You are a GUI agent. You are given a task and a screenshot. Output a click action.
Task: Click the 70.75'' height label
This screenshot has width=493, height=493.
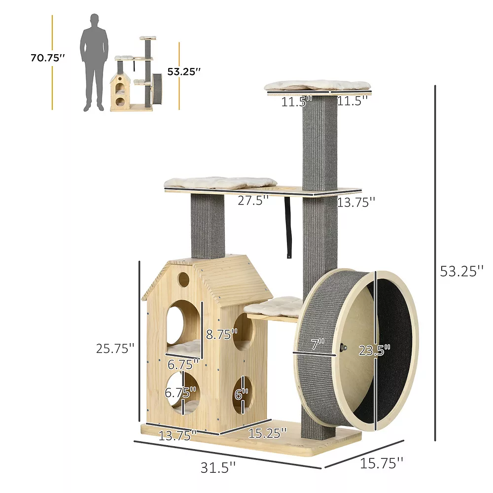[x=47, y=58]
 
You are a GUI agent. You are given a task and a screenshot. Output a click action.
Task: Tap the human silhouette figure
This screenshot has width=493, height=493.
[x=94, y=62]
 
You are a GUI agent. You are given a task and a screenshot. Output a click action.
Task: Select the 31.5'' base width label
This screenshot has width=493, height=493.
[x=218, y=467]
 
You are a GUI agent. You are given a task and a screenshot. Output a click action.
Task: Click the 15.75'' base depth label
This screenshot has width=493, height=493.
[x=381, y=463]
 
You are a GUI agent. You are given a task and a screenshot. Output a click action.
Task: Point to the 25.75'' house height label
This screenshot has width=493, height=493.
[x=115, y=349]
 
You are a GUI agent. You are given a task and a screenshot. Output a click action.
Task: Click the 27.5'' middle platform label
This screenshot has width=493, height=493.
[x=253, y=200]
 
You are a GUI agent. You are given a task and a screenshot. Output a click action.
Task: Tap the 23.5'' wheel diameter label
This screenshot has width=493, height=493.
[x=374, y=350]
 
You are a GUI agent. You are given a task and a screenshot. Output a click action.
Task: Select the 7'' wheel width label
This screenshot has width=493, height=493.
[x=318, y=344]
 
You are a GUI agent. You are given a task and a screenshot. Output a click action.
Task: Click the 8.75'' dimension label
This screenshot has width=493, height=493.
[x=222, y=334]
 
